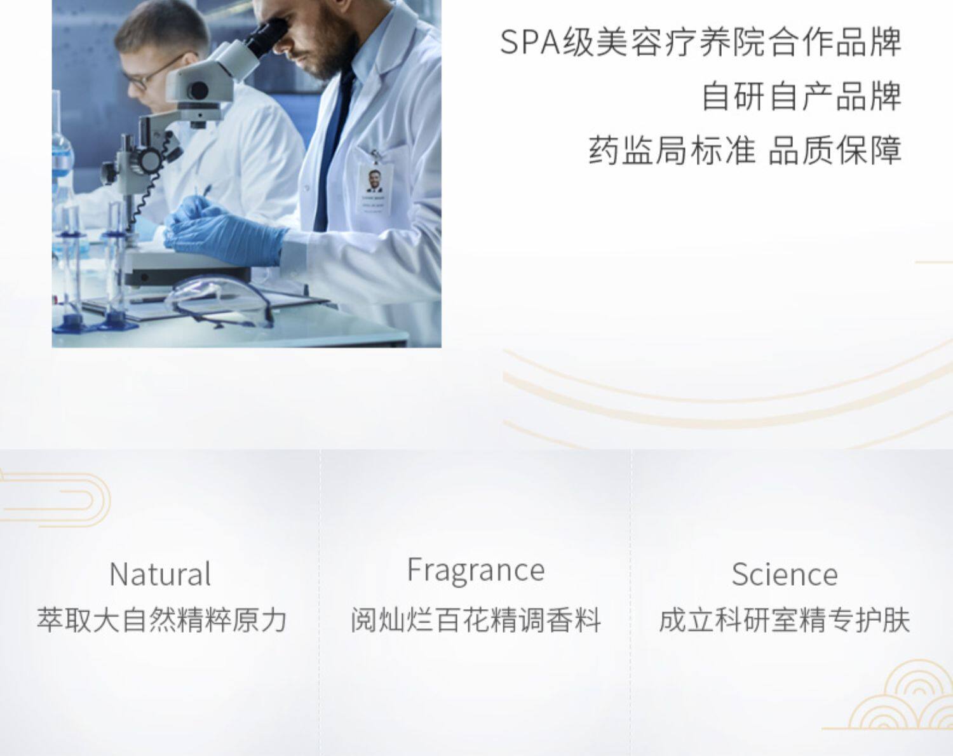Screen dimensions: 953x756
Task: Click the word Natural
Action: coord(160,574)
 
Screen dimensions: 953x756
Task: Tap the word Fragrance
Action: coord(476,570)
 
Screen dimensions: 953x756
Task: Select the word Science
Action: coord(785,574)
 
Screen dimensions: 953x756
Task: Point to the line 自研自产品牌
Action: coord(802,96)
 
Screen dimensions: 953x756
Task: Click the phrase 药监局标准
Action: coord(672,150)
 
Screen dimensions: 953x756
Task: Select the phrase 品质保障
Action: coord(835,150)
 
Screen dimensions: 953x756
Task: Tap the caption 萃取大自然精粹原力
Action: coord(161,620)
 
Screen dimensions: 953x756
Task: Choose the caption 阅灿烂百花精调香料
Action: coord(476,620)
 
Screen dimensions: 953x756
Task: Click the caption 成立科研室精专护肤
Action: coord(785,620)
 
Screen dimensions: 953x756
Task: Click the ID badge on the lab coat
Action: coord(375,188)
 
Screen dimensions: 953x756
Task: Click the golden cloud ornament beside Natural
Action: coord(55,500)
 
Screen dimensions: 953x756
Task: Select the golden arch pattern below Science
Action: coord(899,704)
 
